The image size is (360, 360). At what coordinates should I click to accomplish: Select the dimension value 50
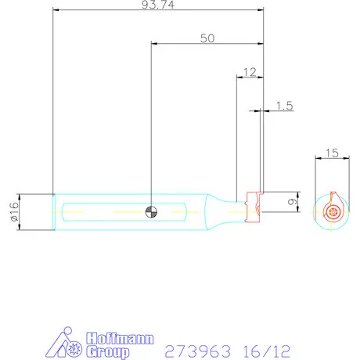click(207, 38)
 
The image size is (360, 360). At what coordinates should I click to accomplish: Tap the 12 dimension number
click(250, 71)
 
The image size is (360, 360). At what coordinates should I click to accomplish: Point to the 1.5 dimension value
click(283, 106)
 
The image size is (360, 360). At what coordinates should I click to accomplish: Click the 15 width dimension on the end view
click(332, 153)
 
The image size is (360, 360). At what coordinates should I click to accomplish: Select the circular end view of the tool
click(333, 211)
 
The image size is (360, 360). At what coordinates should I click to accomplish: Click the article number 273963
click(195, 351)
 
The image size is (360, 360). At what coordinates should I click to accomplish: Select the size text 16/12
click(262, 351)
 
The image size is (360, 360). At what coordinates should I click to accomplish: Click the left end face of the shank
click(53, 211)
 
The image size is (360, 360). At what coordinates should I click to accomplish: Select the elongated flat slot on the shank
click(125, 211)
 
